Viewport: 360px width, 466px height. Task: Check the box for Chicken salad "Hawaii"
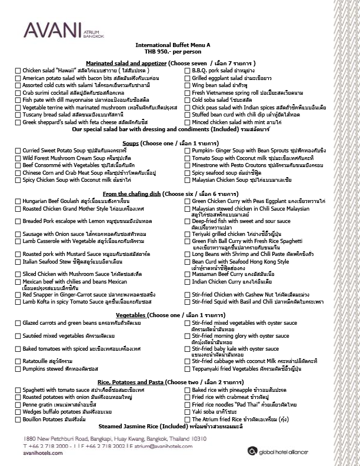18,71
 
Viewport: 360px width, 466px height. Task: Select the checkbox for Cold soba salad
188,100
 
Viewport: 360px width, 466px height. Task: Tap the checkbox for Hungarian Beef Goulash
18,201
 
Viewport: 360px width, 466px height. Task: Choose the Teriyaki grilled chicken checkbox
188,234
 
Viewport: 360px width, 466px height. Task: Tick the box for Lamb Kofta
18,301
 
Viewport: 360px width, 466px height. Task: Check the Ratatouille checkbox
18,360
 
